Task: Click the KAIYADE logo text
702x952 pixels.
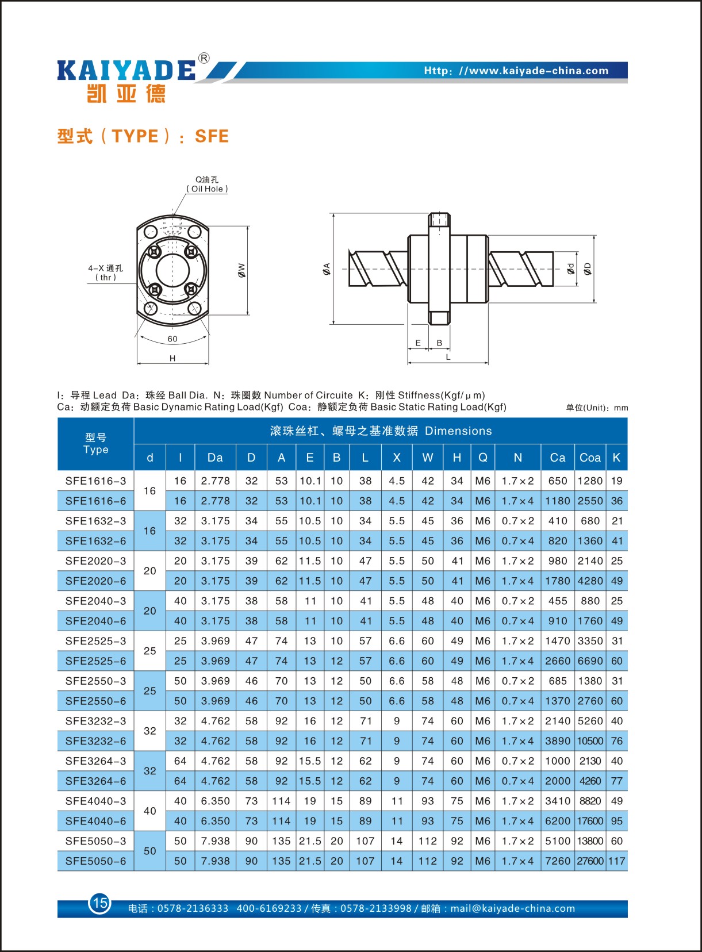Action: pyautogui.click(x=126, y=70)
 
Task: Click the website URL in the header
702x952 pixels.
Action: pyautogui.click(x=516, y=71)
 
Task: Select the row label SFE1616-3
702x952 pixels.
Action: pyautogui.click(x=95, y=481)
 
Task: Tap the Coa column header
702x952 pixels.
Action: pyautogui.click(x=590, y=458)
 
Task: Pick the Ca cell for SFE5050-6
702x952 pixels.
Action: pyautogui.click(x=557, y=861)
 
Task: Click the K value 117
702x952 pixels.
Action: pyautogui.click(x=616, y=861)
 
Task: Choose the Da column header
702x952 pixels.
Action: pyautogui.click(x=215, y=458)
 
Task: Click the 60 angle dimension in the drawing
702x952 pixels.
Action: pyautogui.click(x=172, y=339)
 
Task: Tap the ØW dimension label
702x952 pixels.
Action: pyautogui.click(x=242, y=270)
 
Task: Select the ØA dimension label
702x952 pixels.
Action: pyautogui.click(x=327, y=268)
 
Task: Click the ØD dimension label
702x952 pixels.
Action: pyautogui.click(x=588, y=268)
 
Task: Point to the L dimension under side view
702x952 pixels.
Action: pyautogui.click(x=448, y=358)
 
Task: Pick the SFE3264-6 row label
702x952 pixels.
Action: pyautogui.click(x=95, y=781)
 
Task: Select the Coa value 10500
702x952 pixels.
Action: pyautogui.click(x=590, y=741)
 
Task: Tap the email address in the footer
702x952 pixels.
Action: pyautogui.click(x=512, y=908)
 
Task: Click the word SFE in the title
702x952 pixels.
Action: pyautogui.click(x=212, y=136)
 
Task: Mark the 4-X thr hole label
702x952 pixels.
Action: pyautogui.click(x=105, y=272)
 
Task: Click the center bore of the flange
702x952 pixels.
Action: pyautogui.click(x=172, y=270)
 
